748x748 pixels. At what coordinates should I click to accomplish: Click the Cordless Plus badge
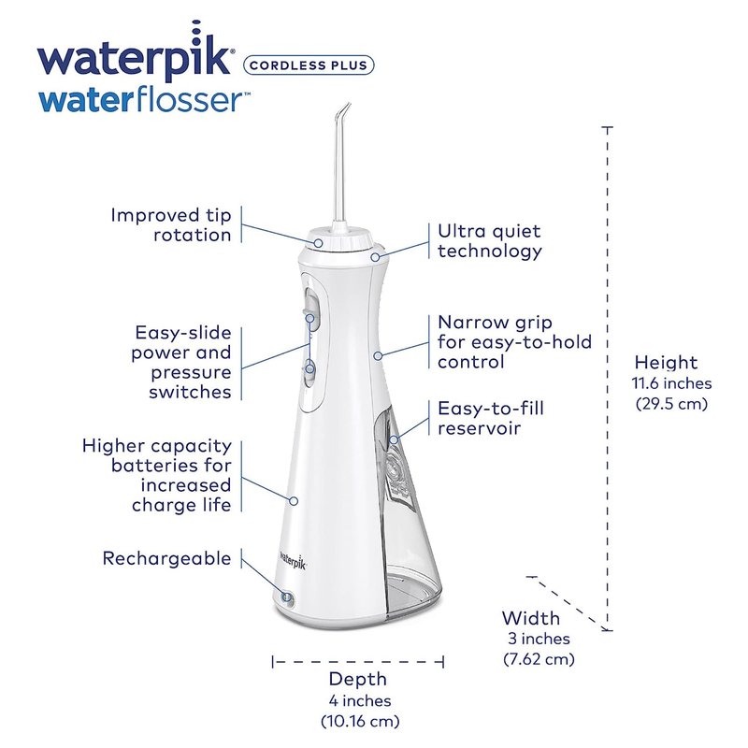309,65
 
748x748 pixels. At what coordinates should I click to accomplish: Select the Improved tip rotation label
171,224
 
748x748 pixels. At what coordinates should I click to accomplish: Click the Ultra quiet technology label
489,241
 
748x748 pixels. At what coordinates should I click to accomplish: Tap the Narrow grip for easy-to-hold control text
514,342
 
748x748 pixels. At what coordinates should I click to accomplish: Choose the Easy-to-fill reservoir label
490,418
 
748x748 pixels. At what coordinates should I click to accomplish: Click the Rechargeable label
167,558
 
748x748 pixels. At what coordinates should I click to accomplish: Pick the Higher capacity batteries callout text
157,475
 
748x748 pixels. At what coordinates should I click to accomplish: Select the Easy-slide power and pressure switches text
181,362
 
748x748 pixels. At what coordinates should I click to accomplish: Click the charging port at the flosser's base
287,597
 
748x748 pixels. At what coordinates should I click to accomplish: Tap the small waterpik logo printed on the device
293,559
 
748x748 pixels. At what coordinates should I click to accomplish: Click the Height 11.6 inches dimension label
671,382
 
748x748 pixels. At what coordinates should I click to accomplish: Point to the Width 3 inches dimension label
539,639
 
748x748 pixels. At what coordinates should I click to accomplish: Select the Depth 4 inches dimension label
359,699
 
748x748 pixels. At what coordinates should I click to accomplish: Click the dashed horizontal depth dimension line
358,662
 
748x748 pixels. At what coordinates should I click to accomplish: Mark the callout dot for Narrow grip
378,356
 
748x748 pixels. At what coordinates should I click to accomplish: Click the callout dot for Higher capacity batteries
294,501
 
